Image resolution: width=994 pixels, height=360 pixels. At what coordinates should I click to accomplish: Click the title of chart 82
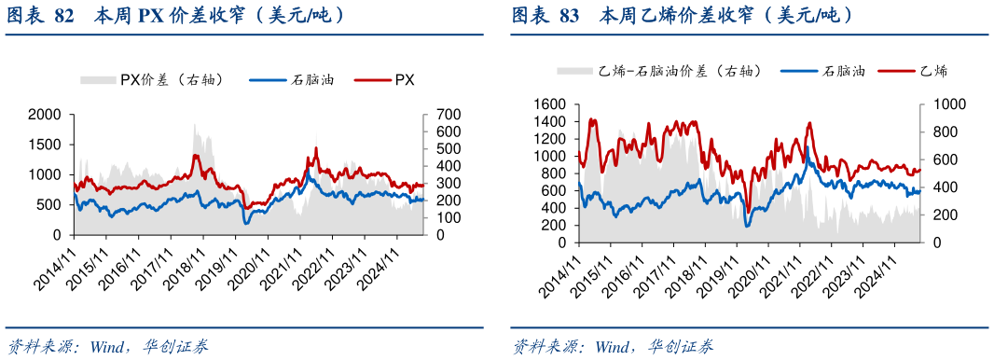click(x=178, y=15)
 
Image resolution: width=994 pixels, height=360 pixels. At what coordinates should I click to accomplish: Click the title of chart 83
click(x=682, y=15)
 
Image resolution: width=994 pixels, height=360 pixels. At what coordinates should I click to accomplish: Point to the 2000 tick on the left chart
click(x=46, y=115)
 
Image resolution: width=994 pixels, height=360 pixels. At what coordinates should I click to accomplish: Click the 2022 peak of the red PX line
click(x=317, y=148)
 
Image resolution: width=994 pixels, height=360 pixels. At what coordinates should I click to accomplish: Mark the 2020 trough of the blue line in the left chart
click(x=246, y=223)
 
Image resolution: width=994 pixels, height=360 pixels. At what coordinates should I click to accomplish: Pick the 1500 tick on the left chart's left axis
click(x=46, y=145)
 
